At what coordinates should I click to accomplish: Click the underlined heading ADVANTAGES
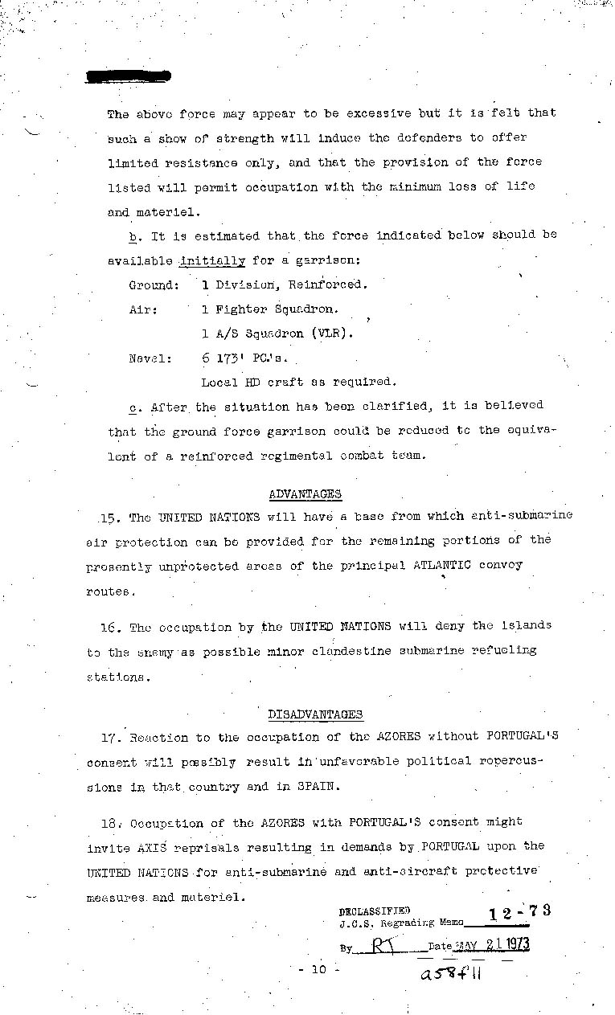[305, 494]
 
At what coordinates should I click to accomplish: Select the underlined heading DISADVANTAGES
[314, 714]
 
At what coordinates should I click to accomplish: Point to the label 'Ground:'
[154, 285]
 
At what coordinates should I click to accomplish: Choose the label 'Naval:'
[150, 358]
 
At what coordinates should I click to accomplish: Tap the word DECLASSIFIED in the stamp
[374, 911]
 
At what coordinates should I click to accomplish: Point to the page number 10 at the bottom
[318, 970]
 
